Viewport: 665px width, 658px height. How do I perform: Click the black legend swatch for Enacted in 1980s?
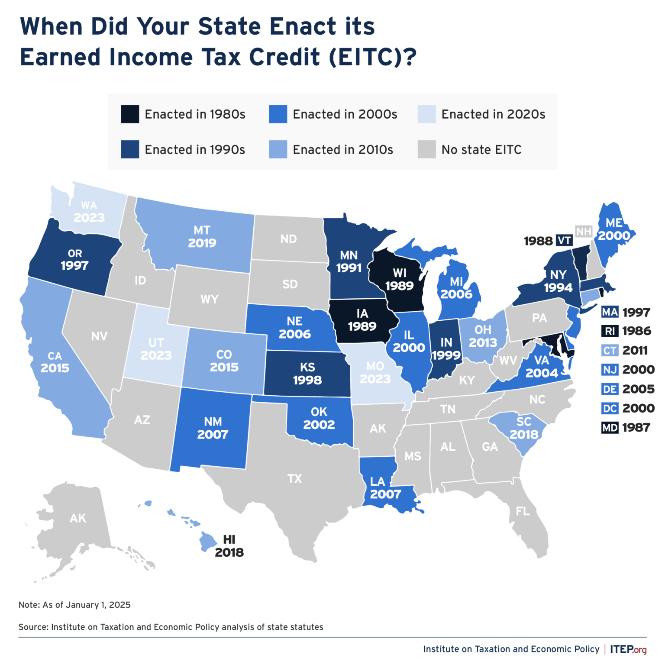pos(130,114)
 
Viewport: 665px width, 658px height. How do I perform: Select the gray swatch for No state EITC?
pos(426,149)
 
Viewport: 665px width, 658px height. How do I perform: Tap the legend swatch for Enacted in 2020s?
pos(426,114)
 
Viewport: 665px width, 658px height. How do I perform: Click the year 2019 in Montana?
pos(202,243)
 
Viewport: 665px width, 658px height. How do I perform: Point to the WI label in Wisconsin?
pos(399,273)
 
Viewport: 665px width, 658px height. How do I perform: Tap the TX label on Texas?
pos(294,479)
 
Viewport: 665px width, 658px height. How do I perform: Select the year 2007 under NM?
pos(212,435)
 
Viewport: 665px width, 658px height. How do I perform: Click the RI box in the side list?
pos(610,332)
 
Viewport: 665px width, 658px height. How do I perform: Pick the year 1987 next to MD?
pos(636,428)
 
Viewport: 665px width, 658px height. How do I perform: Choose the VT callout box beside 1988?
pos(564,241)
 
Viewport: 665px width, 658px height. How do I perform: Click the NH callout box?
pos(584,232)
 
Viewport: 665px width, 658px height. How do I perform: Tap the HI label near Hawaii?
pos(229,539)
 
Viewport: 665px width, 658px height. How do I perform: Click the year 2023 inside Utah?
pos(156,355)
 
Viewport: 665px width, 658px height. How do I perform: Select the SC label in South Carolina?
pos(523,422)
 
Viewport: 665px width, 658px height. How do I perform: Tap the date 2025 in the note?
pos(119,605)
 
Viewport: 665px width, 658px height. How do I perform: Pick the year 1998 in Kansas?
pos(307,380)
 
